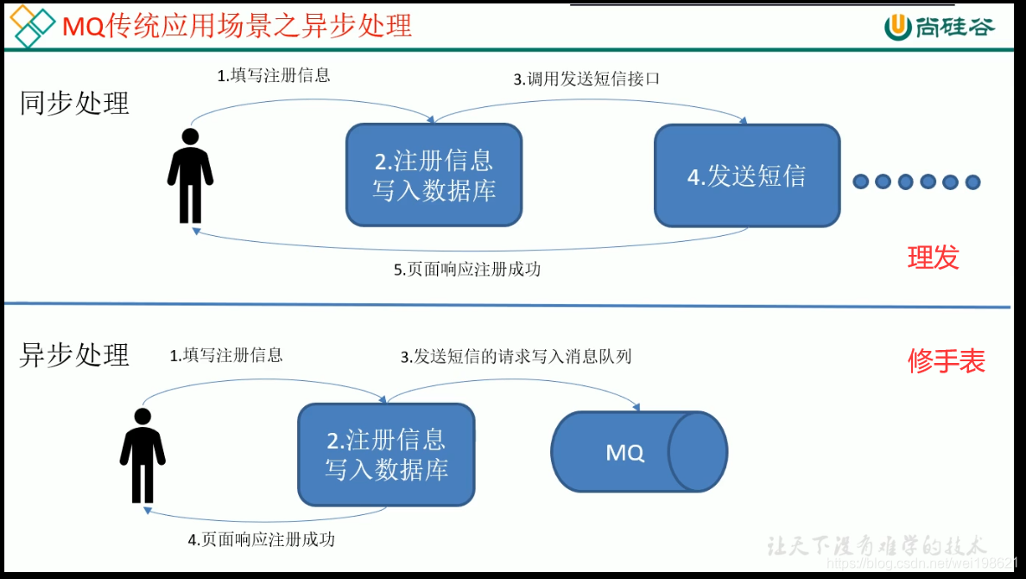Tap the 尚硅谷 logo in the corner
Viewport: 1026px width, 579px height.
[939, 27]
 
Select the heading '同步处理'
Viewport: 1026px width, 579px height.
[74, 104]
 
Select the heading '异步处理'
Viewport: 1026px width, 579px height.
[74, 354]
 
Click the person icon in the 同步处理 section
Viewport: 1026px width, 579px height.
[190, 176]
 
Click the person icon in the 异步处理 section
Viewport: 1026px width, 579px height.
[142, 455]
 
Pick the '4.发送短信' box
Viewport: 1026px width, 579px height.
[747, 175]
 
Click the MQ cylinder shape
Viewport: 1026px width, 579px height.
[639, 452]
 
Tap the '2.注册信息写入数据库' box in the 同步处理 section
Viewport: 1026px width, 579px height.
[434, 175]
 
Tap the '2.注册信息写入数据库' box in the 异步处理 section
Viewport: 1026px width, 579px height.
[386, 455]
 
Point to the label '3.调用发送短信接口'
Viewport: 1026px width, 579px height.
[587, 79]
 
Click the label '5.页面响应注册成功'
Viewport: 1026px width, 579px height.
[467, 270]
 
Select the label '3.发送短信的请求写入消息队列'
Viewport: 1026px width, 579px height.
[516, 356]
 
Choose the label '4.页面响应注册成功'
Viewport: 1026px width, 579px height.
[262, 539]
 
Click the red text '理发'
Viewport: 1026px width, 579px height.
[933, 258]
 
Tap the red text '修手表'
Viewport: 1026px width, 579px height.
[946, 361]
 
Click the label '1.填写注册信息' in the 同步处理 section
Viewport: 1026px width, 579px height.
[274, 75]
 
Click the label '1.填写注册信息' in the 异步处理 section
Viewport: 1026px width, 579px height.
[226, 355]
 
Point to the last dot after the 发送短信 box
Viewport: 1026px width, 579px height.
[972, 181]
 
